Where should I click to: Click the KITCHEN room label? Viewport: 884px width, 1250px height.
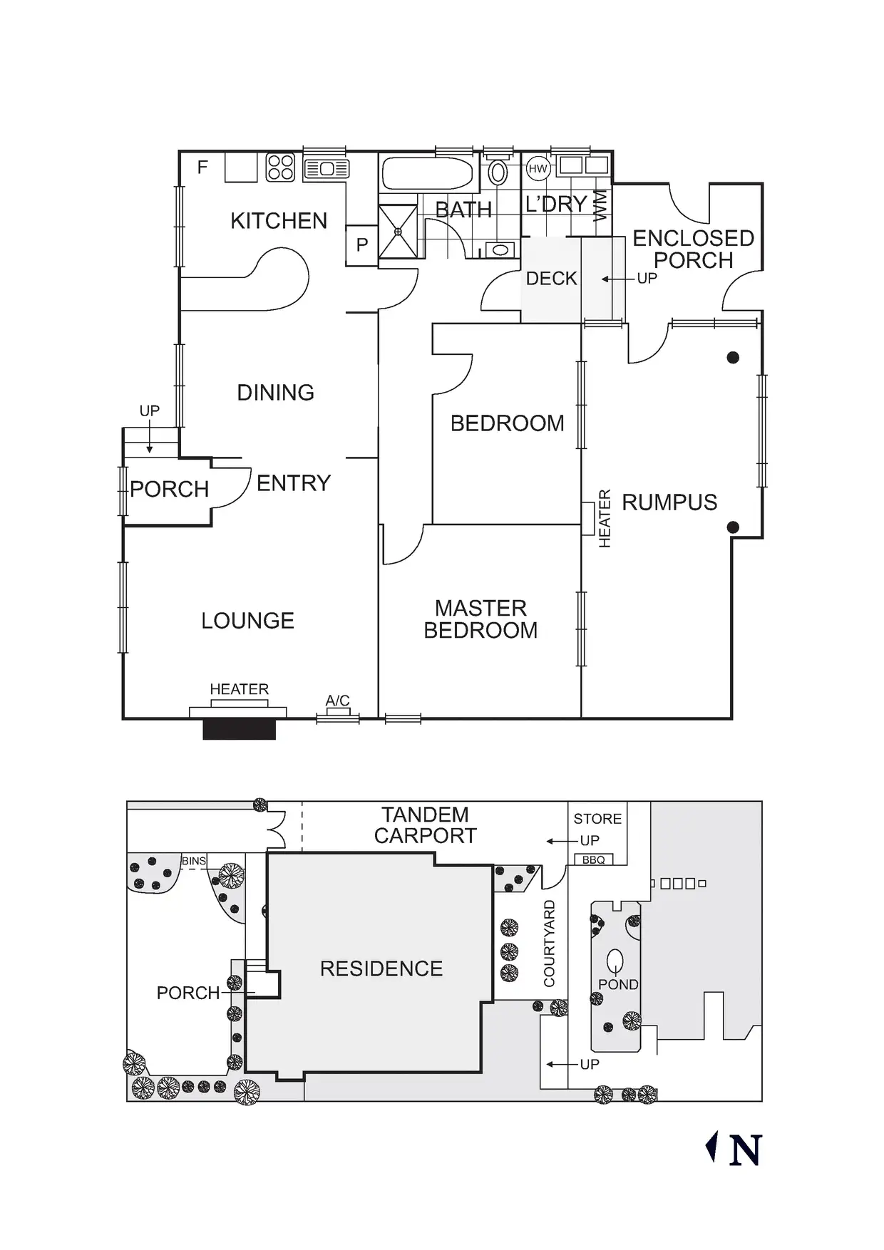tap(279, 221)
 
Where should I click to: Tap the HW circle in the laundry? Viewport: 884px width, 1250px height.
tap(538, 169)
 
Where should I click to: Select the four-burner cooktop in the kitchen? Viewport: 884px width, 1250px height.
tap(280, 167)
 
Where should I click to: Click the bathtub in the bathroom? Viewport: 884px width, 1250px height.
tap(428, 173)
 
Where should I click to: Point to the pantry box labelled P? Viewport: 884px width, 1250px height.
tap(362, 245)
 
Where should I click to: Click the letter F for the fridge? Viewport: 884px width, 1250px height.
tap(202, 167)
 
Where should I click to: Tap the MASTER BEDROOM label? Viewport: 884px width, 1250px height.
tap(480, 619)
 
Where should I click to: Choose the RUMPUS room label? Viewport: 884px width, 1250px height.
tap(669, 502)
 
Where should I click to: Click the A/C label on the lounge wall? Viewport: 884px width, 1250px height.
tap(337, 701)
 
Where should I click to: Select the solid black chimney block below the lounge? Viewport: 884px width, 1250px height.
tap(239, 729)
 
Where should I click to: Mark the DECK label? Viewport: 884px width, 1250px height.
tap(551, 279)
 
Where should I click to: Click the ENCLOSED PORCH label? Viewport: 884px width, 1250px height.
tap(693, 249)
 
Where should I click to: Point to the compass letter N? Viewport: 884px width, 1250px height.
tap(746, 1150)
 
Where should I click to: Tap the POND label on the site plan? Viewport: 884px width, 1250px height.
tap(618, 984)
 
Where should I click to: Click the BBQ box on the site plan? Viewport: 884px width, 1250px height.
tap(593, 860)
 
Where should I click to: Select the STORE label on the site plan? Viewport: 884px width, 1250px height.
tap(597, 819)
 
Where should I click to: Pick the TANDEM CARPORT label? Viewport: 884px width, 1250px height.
tap(425, 825)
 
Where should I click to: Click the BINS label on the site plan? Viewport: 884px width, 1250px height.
tap(193, 861)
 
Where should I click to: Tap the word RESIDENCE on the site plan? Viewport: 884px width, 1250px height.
tap(381, 969)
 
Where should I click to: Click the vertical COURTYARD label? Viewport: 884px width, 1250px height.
tap(550, 944)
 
